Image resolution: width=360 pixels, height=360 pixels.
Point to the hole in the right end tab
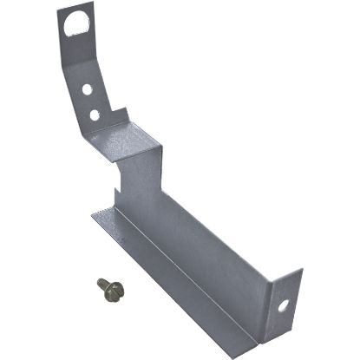click(283, 304)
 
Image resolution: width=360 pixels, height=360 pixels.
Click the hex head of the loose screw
click(103, 285)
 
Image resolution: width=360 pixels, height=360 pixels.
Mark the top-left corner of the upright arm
click(59, 11)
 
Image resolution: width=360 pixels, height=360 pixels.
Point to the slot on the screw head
click(102, 284)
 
